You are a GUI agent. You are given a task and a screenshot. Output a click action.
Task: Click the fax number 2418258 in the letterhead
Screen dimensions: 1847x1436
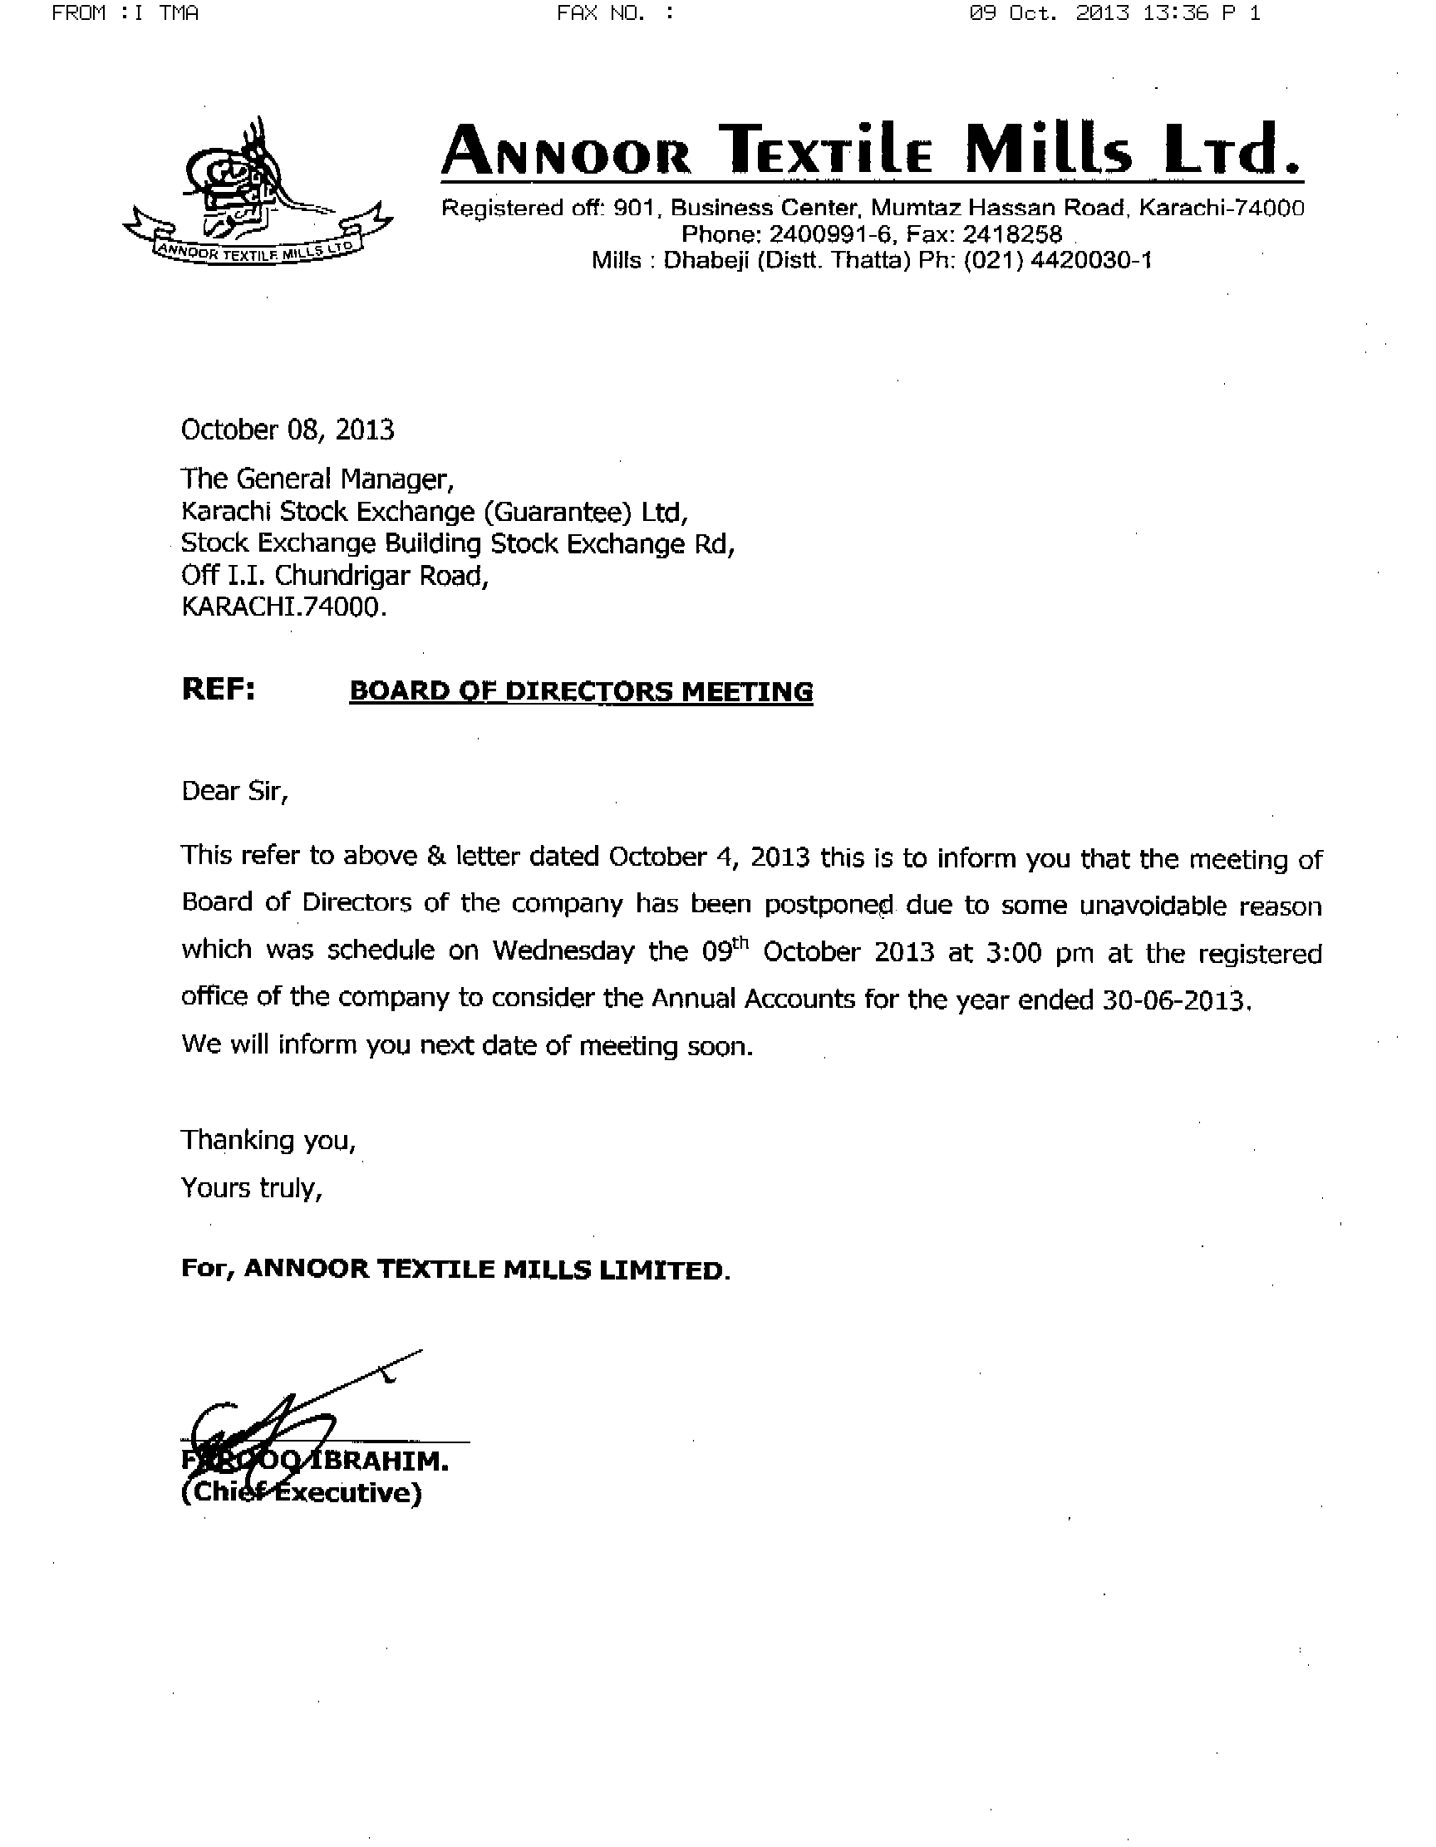pos(1011,233)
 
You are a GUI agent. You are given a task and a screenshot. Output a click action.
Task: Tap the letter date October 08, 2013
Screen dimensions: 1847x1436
pos(288,430)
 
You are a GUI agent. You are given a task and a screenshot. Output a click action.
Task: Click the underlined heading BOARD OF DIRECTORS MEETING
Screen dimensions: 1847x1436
pos(581,692)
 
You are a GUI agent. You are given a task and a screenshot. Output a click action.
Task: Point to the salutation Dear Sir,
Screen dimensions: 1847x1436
pos(234,792)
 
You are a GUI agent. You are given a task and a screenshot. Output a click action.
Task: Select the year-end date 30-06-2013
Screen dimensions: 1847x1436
pos(1177,1000)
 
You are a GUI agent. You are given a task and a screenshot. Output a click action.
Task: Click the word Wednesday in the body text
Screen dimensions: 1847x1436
pos(563,951)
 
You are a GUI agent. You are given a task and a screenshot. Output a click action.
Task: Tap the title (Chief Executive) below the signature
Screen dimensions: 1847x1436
pos(301,1494)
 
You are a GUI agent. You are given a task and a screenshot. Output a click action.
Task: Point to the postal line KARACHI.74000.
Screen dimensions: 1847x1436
pos(283,607)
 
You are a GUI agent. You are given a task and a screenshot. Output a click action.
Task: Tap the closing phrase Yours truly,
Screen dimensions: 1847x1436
pos(251,1188)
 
